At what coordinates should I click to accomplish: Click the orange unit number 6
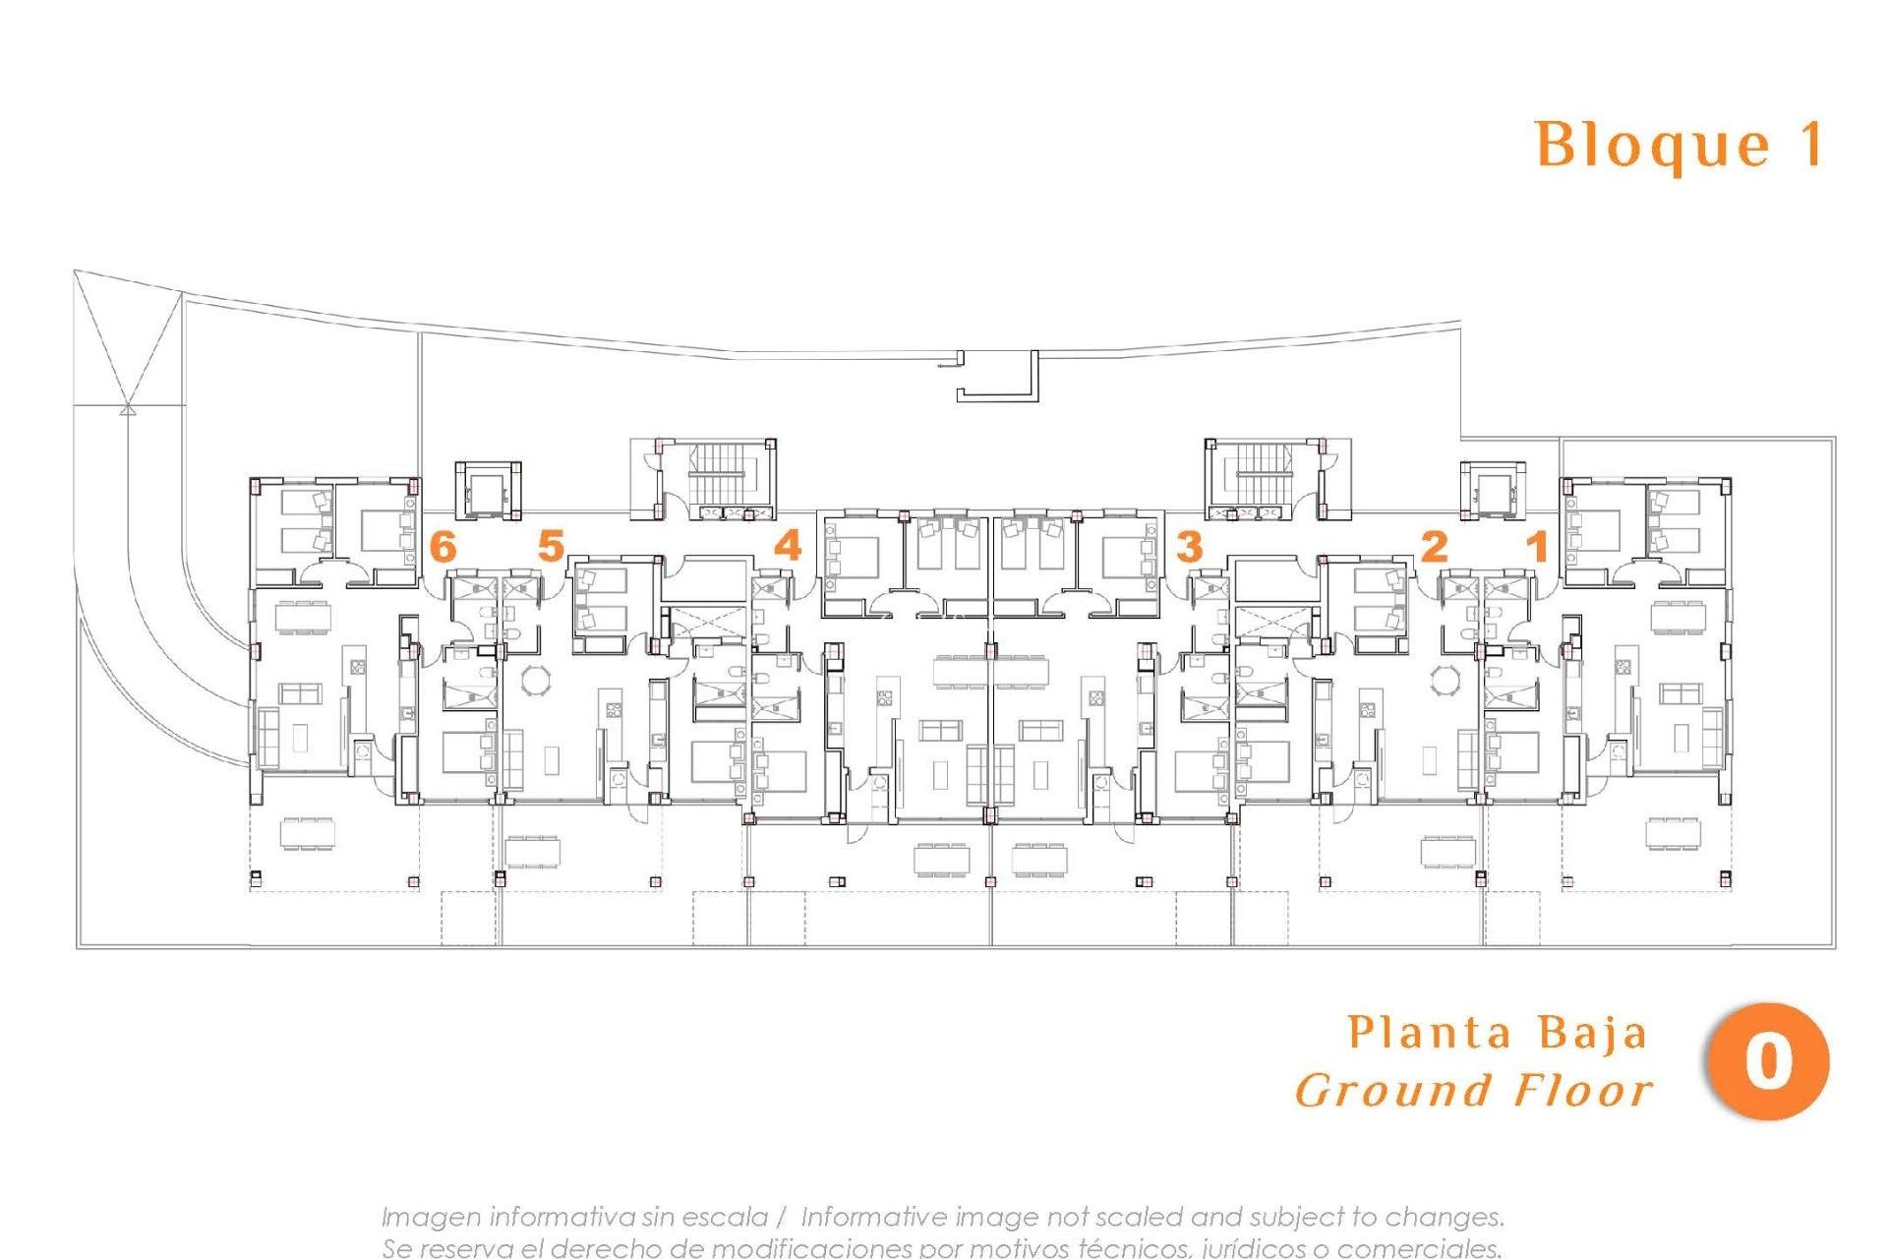(x=443, y=546)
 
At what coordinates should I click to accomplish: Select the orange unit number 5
(x=551, y=545)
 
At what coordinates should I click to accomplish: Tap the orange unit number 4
(x=788, y=545)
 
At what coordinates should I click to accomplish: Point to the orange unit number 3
(x=1189, y=546)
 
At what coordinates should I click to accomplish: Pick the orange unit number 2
(x=1435, y=546)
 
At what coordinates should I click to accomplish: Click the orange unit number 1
(x=1537, y=546)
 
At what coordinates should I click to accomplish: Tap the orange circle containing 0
(x=1767, y=1062)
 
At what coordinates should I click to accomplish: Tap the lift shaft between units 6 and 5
(x=487, y=489)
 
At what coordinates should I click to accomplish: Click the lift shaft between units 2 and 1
(x=1492, y=489)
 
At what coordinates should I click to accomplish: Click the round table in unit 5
(x=537, y=680)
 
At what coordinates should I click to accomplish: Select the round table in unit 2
(x=1445, y=680)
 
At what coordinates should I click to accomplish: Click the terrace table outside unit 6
(x=308, y=833)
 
